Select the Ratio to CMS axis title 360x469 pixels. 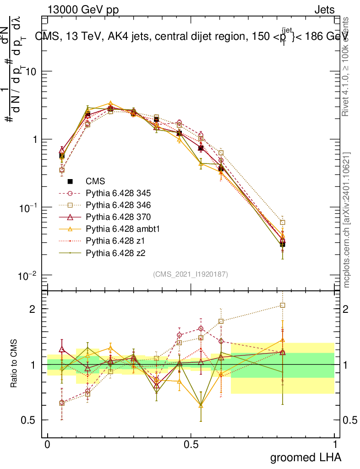click(x=14, y=364)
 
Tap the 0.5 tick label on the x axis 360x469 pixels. click(x=191, y=445)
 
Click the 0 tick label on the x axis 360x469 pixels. click(x=47, y=445)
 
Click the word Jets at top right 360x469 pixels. click(x=324, y=10)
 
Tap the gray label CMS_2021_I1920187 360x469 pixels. click(x=191, y=274)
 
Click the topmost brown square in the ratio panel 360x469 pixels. click(x=283, y=305)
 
